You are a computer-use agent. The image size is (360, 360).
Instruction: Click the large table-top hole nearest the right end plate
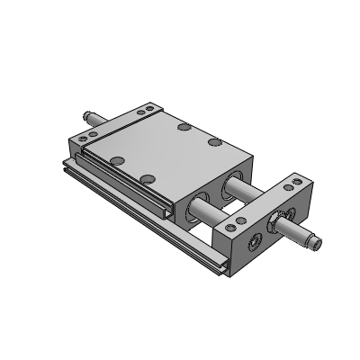(x=214, y=141)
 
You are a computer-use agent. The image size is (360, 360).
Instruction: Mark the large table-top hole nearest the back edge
(x=183, y=129)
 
